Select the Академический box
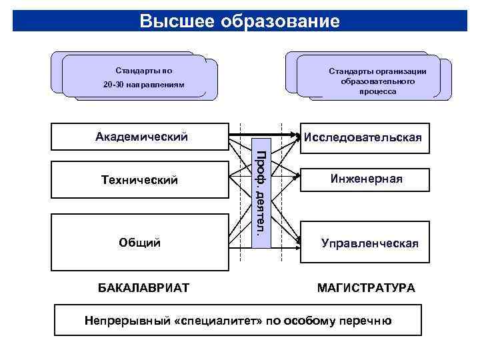[140, 137]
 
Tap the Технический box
[140, 180]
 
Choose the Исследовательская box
[362, 138]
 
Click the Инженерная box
[362, 179]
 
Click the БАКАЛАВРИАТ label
[143, 287]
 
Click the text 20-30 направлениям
[143, 86]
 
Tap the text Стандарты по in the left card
[143, 70]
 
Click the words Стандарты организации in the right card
[378, 71]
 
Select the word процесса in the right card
[378, 91]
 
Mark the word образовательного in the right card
[378, 81]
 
